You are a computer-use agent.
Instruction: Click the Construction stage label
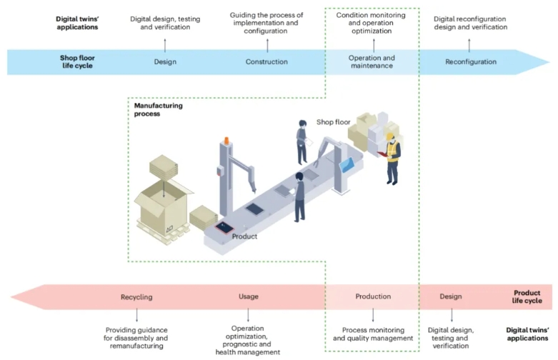tap(266, 61)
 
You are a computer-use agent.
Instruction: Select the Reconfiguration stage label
tap(470, 61)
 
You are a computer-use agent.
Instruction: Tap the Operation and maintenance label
tap(371, 61)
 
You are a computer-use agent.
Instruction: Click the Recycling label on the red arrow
tap(136, 296)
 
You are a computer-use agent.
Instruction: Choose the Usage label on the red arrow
tap(249, 296)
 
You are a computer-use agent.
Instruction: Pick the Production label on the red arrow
tap(373, 296)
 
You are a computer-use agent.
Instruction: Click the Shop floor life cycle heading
tap(77, 61)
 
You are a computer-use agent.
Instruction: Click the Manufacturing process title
tap(159, 109)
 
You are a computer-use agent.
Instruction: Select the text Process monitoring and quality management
tap(373, 334)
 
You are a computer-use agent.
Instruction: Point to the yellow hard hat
tap(390, 135)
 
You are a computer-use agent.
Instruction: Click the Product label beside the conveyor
tap(244, 236)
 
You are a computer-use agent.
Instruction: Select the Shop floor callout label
tap(334, 122)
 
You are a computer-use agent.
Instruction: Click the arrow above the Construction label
tap(266, 44)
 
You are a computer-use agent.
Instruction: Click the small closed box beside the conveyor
tap(204, 217)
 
